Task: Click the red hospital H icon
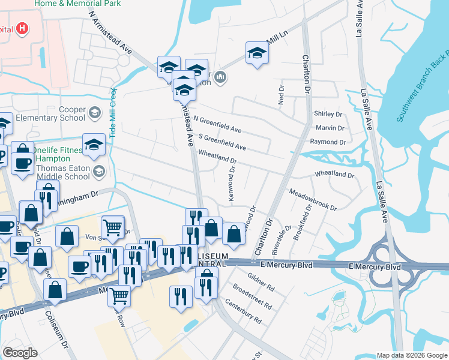(x=22, y=28)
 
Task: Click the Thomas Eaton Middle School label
(x=63, y=173)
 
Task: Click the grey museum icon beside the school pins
(x=220, y=77)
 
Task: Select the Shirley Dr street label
(x=327, y=114)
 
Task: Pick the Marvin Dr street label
(x=330, y=128)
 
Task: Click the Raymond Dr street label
(x=328, y=142)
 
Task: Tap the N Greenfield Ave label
(x=217, y=124)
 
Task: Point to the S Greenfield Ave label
(x=221, y=142)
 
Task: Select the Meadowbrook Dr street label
(x=313, y=199)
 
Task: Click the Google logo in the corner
(x=20, y=353)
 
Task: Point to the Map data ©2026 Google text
(x=412, y=355)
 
